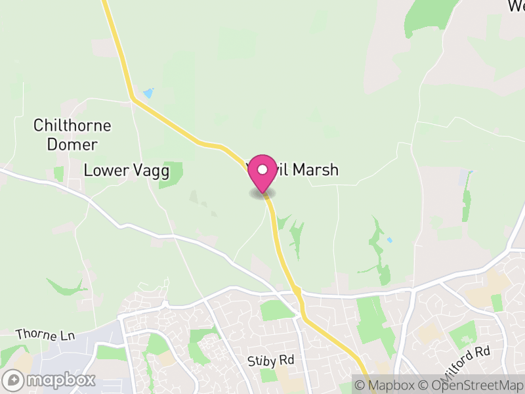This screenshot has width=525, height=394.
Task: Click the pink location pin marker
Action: [262, 173]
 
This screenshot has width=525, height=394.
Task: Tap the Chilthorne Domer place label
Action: [72, 135]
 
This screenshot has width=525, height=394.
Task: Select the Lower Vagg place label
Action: [127, 171]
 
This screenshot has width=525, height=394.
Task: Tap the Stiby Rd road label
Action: [271, 361]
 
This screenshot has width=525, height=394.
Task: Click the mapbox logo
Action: [51, 380]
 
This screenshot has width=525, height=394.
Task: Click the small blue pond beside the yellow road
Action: [148, 93]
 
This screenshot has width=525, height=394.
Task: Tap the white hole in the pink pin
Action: [262, 169]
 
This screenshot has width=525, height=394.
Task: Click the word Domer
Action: [72, 144]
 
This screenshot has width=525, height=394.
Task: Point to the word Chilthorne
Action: [72, 125]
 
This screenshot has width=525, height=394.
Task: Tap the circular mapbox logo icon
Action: [14, 380]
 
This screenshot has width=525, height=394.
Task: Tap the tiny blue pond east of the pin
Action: [390, 240]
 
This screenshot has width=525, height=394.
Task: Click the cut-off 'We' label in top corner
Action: [516, 6]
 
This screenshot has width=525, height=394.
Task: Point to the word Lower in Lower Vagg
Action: [105, 171]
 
